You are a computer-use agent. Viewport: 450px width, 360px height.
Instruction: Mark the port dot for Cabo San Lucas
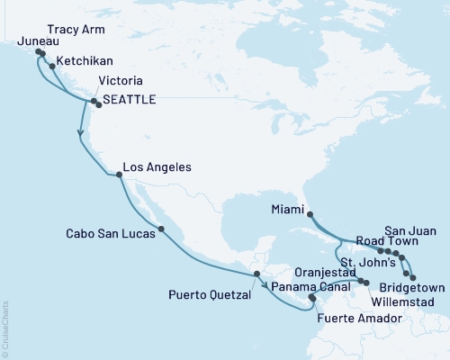pos(161,229)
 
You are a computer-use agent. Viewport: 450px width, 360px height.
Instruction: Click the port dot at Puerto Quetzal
pos(256,274)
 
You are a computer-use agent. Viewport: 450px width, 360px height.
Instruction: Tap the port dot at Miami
pos(310,214)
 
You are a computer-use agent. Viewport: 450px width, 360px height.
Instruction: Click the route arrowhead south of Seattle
pos(82,134)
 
